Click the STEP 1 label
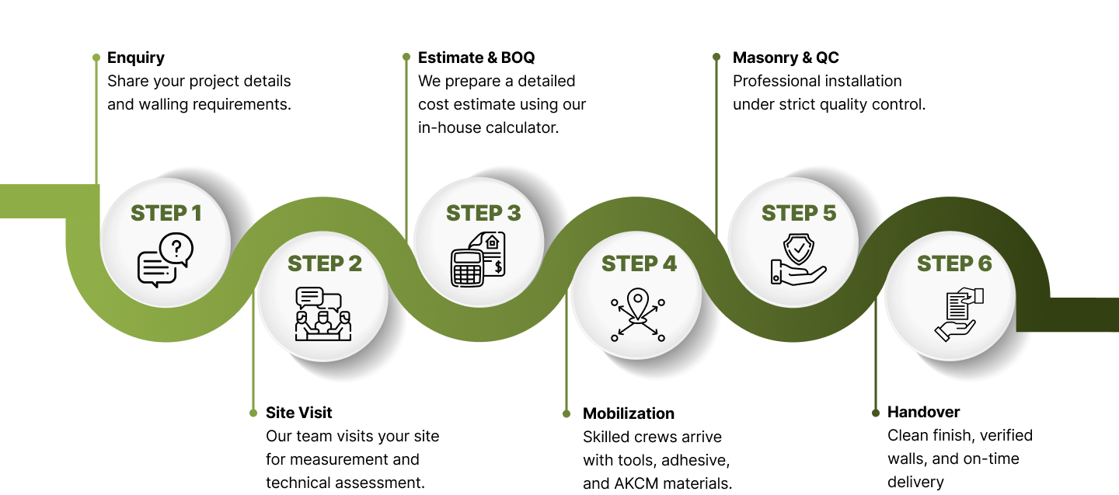click(166, 213)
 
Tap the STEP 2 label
click(325, 263)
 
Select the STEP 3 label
click(483, 213)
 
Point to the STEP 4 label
click(639, 263)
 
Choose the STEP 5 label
click(799, 213)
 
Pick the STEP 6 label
click(954, 263)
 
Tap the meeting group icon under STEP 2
click(323, 315)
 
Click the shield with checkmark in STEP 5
click(798, 250)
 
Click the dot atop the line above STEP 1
click(96, 58)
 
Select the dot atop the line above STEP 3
click(406, 57)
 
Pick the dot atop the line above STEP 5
click(716, 57)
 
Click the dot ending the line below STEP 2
click(253, 413)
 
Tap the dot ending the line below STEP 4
click(566, 413)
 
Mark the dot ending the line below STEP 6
click(876, 413)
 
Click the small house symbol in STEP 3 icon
click(491, 242)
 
